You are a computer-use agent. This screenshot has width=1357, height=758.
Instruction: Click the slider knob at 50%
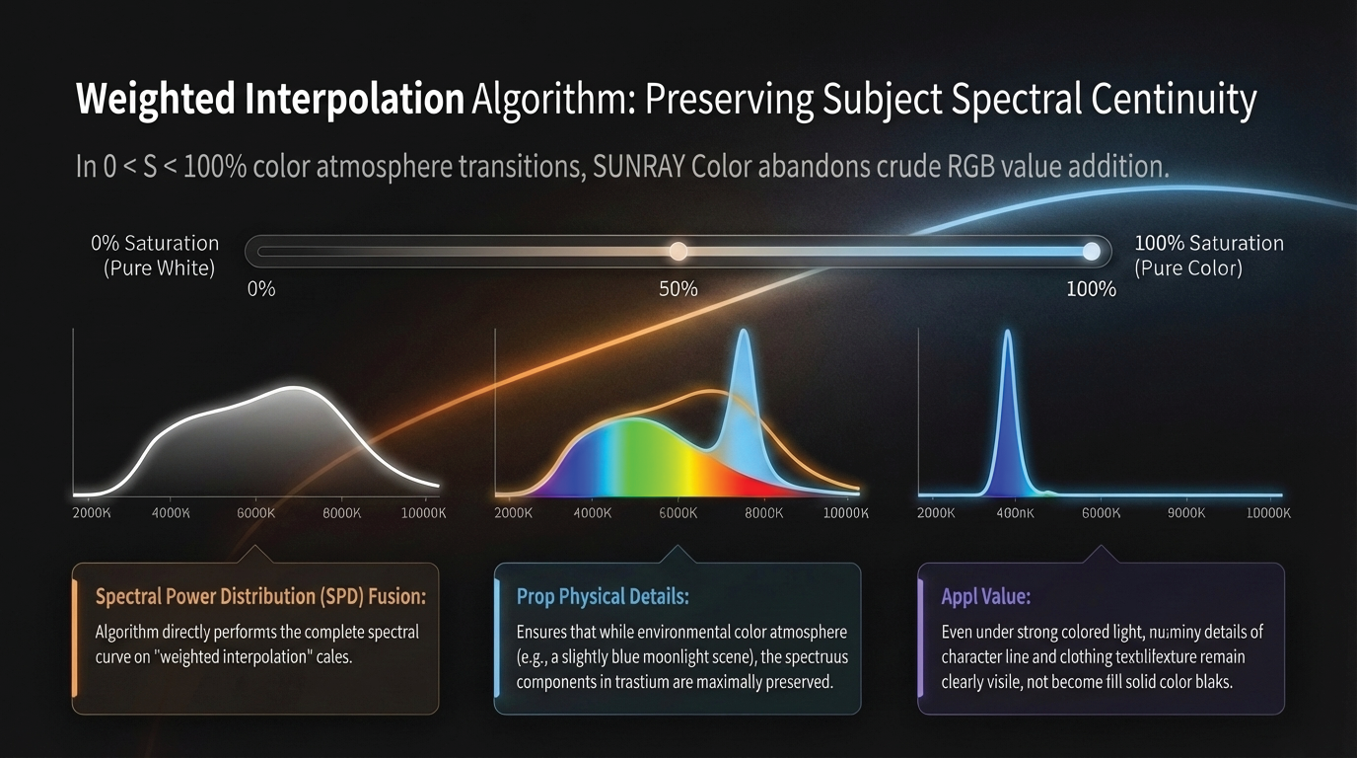click(x=678, y=252)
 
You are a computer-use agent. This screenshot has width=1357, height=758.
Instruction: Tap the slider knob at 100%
click(x=1091, y=252)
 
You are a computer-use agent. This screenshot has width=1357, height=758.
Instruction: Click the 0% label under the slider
click(x=260, y=289)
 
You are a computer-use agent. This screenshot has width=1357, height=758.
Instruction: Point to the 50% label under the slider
click(x=678, y=289)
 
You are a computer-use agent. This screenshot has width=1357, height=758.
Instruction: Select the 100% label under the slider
click(x=1091, y=289)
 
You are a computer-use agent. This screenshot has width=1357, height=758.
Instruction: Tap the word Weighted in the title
click(x=156, y=100)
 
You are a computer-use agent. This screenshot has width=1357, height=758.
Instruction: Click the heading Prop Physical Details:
click(x=603, y=596)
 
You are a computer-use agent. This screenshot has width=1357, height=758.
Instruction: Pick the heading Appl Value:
click(x=972, y=596)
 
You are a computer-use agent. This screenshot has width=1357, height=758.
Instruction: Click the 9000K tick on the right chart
click(x=1186, y=513)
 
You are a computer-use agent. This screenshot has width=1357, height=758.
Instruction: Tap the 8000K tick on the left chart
click(x=342, y=513)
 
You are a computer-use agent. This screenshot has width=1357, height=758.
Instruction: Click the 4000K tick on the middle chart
click(x=593, y=513)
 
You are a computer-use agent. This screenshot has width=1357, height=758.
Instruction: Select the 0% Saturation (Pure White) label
click(x=156, y=255)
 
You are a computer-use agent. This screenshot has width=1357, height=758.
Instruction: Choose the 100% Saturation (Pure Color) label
click(x=1209, y=255)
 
